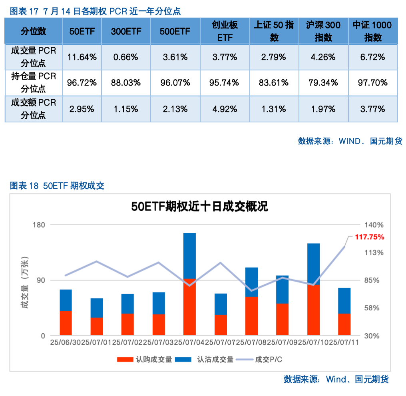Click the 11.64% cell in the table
(82, 57)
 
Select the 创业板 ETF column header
(225, 31)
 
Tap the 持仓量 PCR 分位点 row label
(34, 82)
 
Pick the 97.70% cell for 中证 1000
(372, 83)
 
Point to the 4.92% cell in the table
(225, 109)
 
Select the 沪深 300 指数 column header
(323, 31)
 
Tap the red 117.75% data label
(369, 237)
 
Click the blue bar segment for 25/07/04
(189, 255)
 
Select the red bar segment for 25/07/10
(313, 310)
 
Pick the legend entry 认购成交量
(145, 359)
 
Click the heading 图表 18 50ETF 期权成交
(57, 186)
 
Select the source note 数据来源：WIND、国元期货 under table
(350, 141)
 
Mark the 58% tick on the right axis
(373, 308)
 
